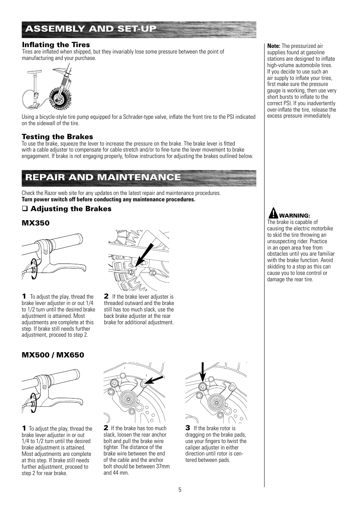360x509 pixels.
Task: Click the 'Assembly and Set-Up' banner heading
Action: pos(91,29)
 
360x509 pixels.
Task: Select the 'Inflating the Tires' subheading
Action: pos(56,45)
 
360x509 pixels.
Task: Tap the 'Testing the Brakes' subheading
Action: pos(57,137)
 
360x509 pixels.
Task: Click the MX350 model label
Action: pos(35,223)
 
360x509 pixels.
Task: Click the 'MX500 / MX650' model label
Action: pos(53,355)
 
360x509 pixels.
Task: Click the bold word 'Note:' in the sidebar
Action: pos(274,46)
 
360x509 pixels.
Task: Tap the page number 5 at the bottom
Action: pos(180,490)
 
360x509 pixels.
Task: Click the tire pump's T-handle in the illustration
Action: pos(34,73)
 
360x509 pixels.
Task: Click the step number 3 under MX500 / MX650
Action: pos(188,428)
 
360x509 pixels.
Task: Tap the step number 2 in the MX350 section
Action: pos(106,296)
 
